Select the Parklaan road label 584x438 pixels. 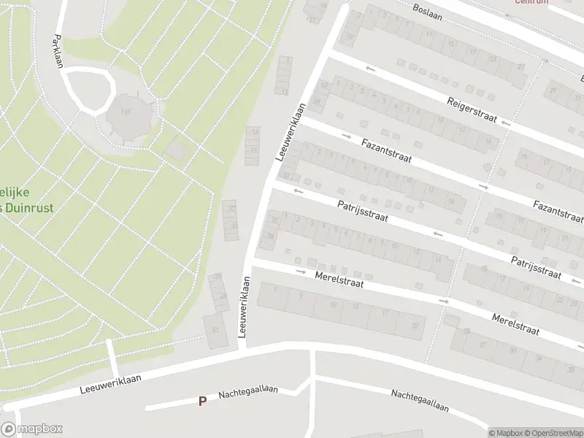tap(58, 52)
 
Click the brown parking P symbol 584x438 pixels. tap(202, 401)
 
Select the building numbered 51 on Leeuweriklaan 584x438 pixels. tap(215, 330)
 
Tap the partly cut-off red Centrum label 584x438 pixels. tap(531, 2)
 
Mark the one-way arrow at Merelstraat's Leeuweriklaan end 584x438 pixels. tap(301, 272)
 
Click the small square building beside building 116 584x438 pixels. tap(177, 150)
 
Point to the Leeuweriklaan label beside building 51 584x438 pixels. tap(244, 307)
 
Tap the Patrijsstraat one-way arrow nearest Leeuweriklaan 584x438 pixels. tap(299, 191)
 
